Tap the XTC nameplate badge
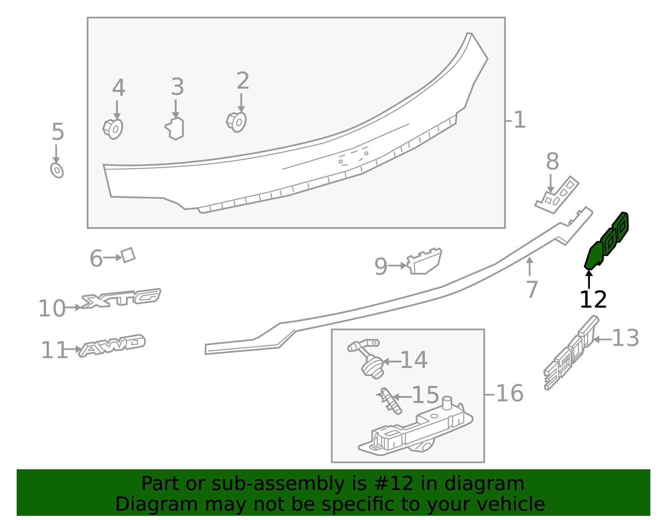point(120,298)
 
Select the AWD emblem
point(112,346)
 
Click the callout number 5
point(58,132)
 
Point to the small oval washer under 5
point(57,170)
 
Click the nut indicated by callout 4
point(113,129)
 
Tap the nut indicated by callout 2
point(236,122)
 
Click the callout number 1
point(519,120)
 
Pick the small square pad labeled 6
point(128,255)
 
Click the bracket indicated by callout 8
point(557,195)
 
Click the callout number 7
point(532,289)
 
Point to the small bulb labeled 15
point(390,401)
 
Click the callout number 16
point(509,393)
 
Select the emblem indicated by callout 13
point(571,353)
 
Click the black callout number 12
point(593,300)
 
